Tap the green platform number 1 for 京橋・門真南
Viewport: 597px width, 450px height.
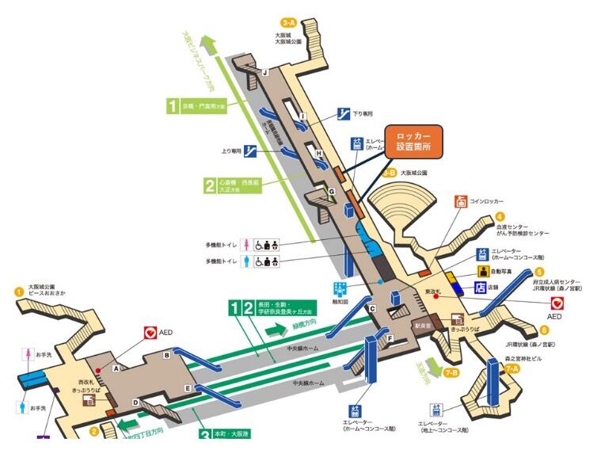[x=172, y=105]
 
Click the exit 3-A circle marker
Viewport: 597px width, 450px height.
[x=288, y=23]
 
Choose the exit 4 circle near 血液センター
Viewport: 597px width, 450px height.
[x=500, y=216]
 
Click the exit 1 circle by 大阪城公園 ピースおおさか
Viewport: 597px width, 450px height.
[x=19, y=291]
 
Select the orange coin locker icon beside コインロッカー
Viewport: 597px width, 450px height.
[x=462, y=201]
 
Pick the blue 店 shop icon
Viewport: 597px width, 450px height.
[x=481, y=286]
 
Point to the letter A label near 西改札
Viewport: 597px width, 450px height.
[x=116, y=368]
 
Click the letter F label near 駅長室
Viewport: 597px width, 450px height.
[x=390, y=338]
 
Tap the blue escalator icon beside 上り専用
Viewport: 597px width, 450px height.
[x=249, y=148]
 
